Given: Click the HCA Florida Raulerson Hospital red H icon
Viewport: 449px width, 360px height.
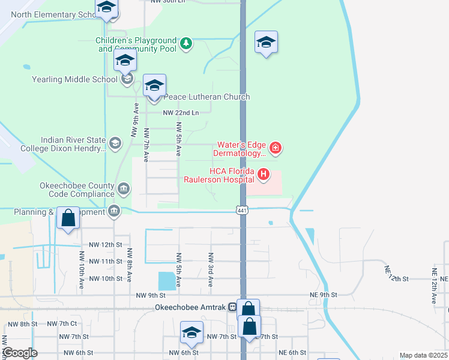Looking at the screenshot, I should (x=263, y=175).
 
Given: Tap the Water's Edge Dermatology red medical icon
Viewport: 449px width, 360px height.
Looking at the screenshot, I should (x=276, y=147).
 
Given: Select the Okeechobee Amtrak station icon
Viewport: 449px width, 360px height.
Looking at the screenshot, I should (x=232, y=307).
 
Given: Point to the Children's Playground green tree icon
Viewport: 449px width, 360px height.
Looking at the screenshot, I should (x=186, y=43).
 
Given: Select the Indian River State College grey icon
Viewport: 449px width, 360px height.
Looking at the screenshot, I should (x=115, y=143).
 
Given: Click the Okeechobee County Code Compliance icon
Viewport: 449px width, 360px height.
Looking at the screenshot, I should (x=123, y=189).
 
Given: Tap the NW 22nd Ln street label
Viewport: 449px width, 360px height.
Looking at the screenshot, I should (x=181, y=113).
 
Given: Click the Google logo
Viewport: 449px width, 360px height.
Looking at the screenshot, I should (x=20, y=353).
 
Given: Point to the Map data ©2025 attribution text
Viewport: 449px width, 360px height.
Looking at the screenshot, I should (x=423, y=355).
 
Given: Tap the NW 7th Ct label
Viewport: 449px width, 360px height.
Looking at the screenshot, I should (x=62, y=324).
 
